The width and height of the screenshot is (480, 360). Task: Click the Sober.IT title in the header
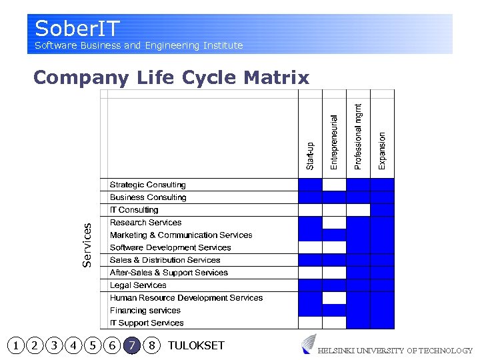77,29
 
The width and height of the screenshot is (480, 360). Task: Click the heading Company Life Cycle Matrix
171,78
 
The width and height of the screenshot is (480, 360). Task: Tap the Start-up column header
310,155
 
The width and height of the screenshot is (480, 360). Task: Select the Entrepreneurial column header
334,141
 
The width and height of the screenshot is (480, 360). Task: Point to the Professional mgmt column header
358,135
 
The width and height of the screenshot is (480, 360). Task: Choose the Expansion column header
382,150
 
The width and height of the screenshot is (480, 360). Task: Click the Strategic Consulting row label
147,185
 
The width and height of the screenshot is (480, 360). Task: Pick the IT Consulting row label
134,210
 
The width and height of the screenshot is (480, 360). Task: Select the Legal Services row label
138,285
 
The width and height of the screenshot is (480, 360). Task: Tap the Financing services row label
145,311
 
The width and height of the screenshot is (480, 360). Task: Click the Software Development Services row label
170,247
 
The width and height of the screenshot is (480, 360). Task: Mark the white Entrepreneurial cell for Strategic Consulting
334,185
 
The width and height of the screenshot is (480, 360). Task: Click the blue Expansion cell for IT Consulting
382,210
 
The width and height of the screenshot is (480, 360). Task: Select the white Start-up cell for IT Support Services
310,323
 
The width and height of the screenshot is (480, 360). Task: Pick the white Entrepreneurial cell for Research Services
334,223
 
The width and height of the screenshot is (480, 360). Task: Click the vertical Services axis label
87,245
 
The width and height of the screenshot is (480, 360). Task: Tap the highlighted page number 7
133,345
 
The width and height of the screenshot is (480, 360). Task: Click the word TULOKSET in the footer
196,345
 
